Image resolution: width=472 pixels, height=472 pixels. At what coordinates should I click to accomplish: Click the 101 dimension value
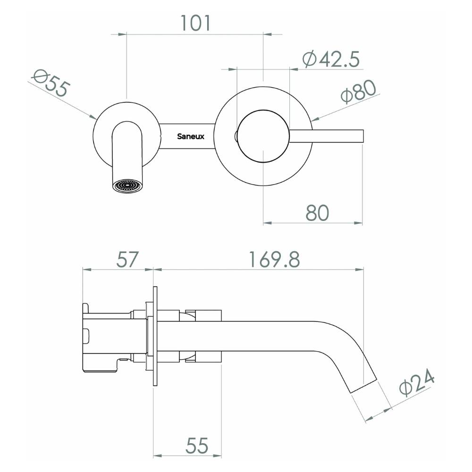tap(195, 23)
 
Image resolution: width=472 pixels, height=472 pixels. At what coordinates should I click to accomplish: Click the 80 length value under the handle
tap(317, 213)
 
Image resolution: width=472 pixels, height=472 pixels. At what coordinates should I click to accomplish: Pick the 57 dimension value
tap(127, 260)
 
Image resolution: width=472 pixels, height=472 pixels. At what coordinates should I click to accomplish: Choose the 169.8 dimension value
tap(274, 260)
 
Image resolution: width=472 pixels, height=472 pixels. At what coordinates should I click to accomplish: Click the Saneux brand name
tap(191, 136)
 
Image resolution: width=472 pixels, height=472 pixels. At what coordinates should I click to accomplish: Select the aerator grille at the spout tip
tap(127, 185)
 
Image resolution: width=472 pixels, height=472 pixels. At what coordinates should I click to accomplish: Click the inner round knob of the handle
tap(263, 136)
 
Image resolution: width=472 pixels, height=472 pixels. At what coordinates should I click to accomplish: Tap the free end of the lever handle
tap(363, 136)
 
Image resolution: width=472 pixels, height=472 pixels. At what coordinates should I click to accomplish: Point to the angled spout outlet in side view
tap(363, 386)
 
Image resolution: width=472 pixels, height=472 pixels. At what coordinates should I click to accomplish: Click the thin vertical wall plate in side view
tap(155, 336)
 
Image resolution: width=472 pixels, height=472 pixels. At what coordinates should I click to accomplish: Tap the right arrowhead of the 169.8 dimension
tap(359, 270)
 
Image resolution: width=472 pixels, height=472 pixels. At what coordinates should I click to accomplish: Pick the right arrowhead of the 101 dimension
tap(267, 34)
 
